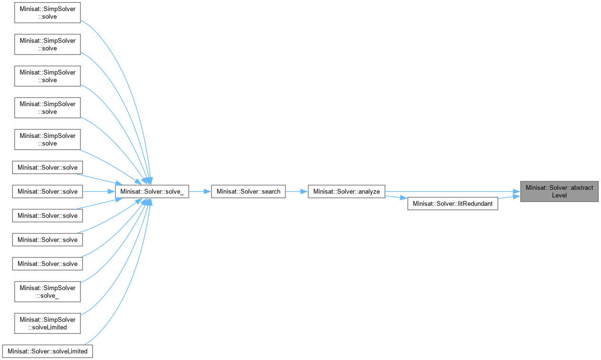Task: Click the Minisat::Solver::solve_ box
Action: point(152,192)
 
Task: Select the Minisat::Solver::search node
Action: point(248,192)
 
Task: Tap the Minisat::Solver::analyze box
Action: point(346,192)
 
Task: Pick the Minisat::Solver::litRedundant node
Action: point(453,204)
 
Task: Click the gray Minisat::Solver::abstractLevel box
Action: point(559,191)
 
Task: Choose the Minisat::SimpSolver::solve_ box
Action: point(48,292)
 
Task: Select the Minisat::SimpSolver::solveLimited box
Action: point(48,323)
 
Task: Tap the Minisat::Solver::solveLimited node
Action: point(48,351)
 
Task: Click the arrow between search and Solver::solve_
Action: point(200,192)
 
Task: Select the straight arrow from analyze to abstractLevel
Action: point(452,192)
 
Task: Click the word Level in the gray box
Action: point(559,195)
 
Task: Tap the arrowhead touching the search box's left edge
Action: point(208,192)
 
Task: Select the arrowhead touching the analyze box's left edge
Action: point(304,192)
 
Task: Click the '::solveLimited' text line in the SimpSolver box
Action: point(48,327)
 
